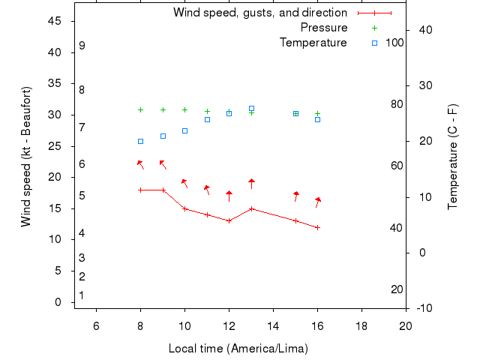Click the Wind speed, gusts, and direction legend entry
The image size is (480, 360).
click(260, 13)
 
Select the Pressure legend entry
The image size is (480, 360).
click(324, 28)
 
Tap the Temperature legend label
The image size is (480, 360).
click(313, 43)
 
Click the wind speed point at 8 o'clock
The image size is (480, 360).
click(140, 190)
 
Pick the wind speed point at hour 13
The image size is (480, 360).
click(251, 208)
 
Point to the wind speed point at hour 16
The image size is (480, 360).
click(317, 227)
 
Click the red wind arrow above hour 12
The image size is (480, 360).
click(229, 195)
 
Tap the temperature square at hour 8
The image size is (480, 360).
click(140, 141)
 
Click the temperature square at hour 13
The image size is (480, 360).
click(251, 109)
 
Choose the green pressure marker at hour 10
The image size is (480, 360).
click(184, 109)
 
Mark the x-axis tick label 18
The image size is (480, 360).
click(361, 325)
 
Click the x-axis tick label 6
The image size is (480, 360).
click(96, 325)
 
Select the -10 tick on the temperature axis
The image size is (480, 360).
click(424, 308)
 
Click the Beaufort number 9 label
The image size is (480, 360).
click(82, 46)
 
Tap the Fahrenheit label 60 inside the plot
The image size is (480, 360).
click(397, 166)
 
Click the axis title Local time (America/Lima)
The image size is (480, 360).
click(238, 349)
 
